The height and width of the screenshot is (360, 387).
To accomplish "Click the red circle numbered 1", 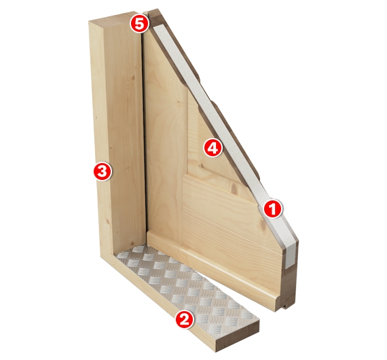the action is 272,209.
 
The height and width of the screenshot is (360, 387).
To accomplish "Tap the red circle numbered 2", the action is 185,320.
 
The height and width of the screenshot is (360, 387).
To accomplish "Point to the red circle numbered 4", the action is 213,147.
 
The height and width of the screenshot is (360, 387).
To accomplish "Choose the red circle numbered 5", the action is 140,24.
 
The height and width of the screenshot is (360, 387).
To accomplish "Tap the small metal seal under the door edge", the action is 286,306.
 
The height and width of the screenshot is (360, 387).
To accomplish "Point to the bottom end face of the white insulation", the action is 291,257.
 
